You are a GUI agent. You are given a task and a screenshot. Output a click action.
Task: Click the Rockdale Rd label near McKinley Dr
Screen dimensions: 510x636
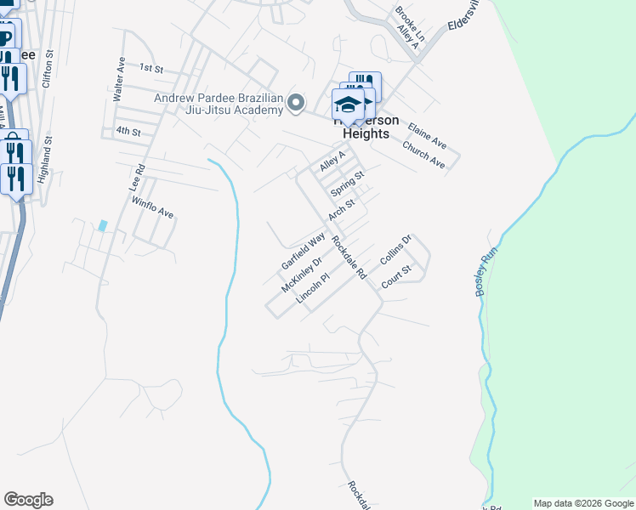pyautogui.click(x=349, y=258)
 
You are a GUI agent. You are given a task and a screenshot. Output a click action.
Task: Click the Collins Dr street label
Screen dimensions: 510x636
pyautogui.click(x=395, y=250)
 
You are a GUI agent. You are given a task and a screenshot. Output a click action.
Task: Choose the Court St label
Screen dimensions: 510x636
pyautogui.click(x=395, y=276)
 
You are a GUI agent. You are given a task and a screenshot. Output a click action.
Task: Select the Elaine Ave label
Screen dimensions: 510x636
pyautogui.click(x=427, y=133)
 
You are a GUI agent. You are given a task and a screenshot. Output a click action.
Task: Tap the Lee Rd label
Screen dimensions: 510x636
pyautogui.click(x=135, y=177)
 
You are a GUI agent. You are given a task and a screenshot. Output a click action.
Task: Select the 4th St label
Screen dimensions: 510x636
pyautogui.click(x=128, y=131)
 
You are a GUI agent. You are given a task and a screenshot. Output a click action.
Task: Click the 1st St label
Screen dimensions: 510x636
pyautogui.click(x=150, y=67)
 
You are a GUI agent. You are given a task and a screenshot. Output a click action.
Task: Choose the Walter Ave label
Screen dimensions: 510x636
pyautogui.click(x=120, y=80)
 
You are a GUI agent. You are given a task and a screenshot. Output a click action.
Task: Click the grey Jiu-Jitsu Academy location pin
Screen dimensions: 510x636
pyautogui.click(x=296, y=103)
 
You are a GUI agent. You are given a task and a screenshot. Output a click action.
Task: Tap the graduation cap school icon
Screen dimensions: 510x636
pyautogui.click(x=348, y=105)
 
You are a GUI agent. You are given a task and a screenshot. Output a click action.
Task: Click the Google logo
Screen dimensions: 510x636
pyautogui.click(x=28, y=500)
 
